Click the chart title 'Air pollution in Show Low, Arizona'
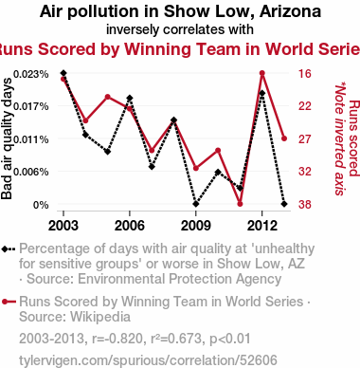(x=180, y=11)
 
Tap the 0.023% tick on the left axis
(x=30, y=74)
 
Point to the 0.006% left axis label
(x=30, y=172)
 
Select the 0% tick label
(x=41, y=205)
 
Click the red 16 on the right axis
(x=305, y=74)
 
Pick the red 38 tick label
(x=305, y=205)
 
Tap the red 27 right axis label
(x=305, y=139)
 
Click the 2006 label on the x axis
(x=130, y=226)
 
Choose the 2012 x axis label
(x=261, y=226)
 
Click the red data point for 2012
(x=262, y=73)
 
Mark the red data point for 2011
(x=240, y=204)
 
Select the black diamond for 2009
(x=196, y=204)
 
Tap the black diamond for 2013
(x=284, y=204)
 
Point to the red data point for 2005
(x=108, y=97)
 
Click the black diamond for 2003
(x=63, y=73)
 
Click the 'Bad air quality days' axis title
(x=7, y=138)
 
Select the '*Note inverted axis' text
(x=339, y=138)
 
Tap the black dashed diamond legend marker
(x=9, y=249)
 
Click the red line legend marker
(x=9, y=302)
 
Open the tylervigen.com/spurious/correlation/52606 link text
(x=148, y=360)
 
